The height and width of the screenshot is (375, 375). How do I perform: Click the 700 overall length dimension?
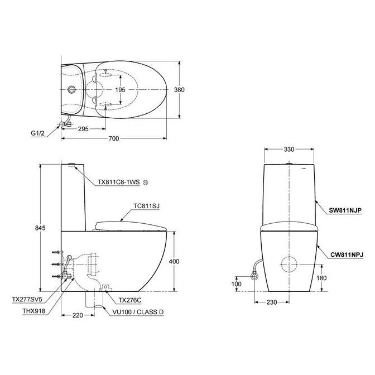point(114,138)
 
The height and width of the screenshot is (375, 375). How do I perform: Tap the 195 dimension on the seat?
point(121,89)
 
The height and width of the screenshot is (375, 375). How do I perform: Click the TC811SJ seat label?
point(147,206)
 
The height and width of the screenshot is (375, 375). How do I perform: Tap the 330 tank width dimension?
point(289,150)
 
